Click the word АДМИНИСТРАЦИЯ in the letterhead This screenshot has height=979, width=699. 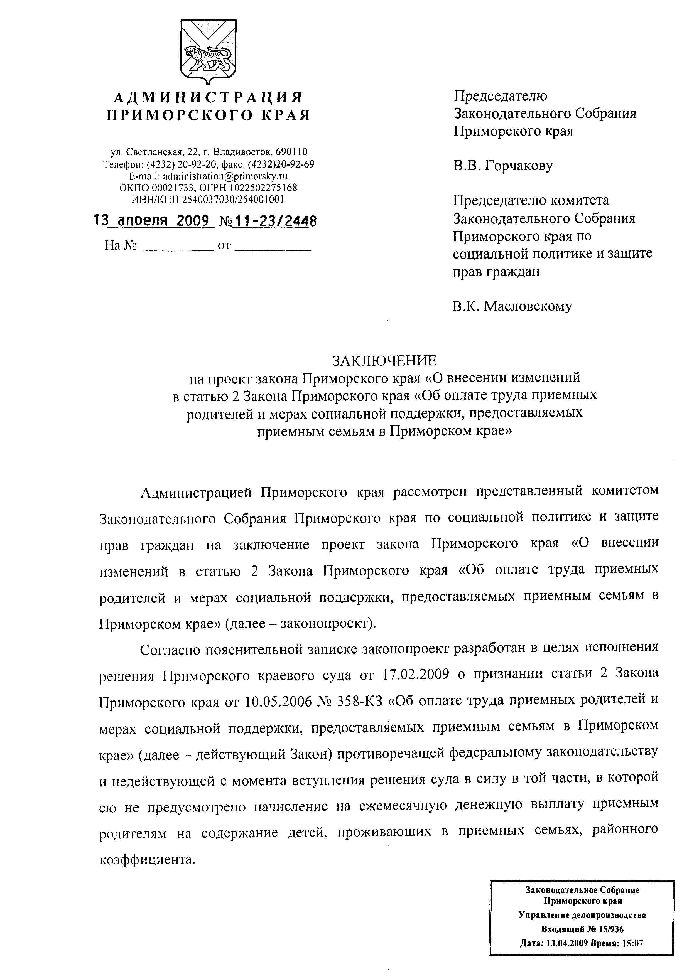click(208, 97)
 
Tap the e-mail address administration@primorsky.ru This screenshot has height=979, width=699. click(225, 176)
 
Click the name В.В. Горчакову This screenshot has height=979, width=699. click(503, 166)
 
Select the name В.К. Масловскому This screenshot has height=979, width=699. click(512, 306)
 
